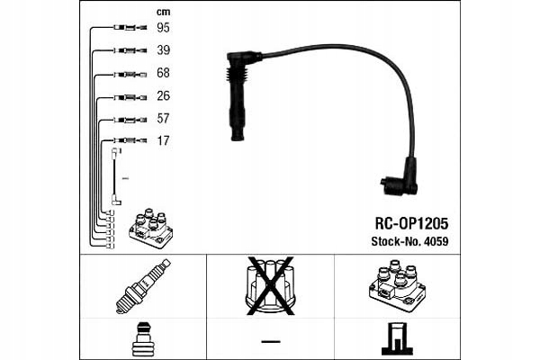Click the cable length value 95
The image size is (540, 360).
(x=164, y=29)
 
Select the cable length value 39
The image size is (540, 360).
(x=164, y=50)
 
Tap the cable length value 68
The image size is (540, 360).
(x=164, y=73)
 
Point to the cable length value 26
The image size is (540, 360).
(x=164, y=96)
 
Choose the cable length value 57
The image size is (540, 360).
(x=164, y=119)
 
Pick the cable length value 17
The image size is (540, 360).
(x=164, y=141)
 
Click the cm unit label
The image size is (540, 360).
(x=162, y=10)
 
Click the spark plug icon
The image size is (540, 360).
(x=145, y=286)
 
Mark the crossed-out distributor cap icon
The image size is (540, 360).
(x=270, y=285)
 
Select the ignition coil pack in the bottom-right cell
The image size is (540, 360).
(x=396, y=285)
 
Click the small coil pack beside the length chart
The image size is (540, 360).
(x=150, y=229)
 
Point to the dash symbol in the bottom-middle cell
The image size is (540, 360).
(x=269, y=340)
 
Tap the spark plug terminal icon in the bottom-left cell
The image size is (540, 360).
(x=144, y=338)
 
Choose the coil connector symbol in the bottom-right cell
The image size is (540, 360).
(x=396, y=338)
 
